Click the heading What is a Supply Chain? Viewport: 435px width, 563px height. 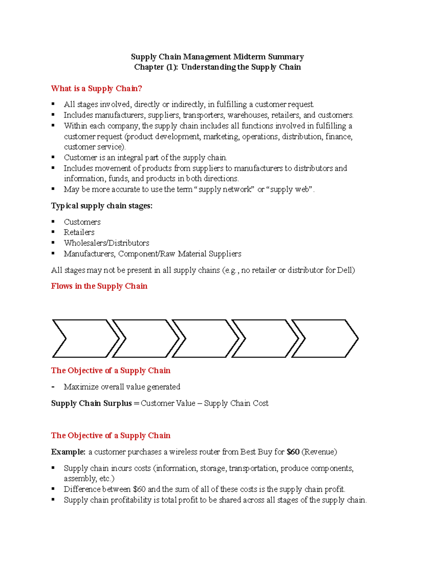(x=96, y=88)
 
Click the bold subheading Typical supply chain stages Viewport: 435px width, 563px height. (x=101, y=206)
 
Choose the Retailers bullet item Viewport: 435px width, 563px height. (x=79, y=232)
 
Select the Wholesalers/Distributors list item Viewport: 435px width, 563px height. (x=106, y=243)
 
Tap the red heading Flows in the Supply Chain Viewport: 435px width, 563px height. (x=99, y=286)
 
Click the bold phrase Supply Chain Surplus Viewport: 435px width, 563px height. (x=91, y=403)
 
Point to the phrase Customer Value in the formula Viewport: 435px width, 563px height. (x=168, y=403)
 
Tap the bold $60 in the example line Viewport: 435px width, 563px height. (x=293, y=452)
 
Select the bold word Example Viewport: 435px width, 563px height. (x=68, y=452)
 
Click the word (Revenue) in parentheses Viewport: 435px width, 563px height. (x=319, y=452)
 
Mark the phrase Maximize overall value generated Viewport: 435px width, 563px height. (x=122, y=387)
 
